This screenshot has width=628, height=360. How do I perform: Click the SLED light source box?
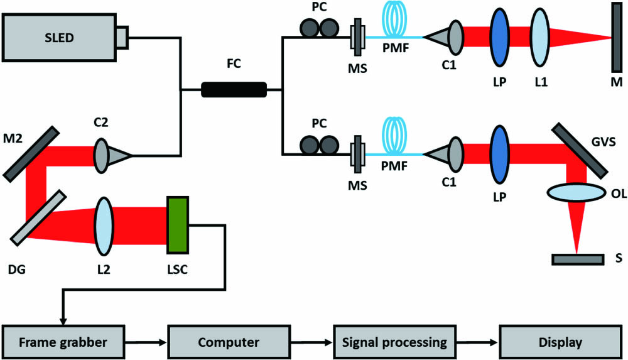click(x=59, y=38)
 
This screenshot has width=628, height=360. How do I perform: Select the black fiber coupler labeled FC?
click(x=234, y=90)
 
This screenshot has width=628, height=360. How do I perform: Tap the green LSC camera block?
click(x=178, y=224)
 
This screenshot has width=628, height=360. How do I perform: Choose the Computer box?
click(x=229, y=342)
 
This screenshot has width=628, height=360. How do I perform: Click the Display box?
click(x=560, y=342)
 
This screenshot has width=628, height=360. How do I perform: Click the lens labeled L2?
click(x=104, y=224)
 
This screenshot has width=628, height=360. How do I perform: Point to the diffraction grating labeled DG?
click(x=38, y=216)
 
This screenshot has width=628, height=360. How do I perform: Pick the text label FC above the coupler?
click(x=234, y=65)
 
